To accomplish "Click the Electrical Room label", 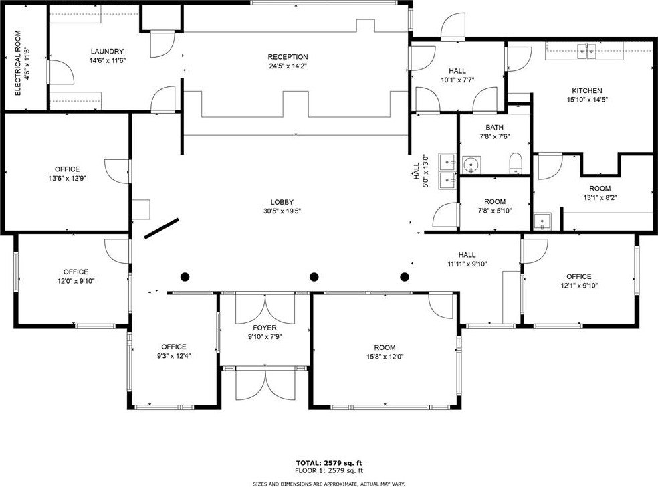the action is click(x=18, y=63).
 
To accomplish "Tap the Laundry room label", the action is click(x=107, y=52).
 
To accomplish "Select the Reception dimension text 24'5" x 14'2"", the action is click(x=288, y=66).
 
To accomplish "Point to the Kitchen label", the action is click(x=587, y=90).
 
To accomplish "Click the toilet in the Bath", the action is click(x=516, y=163).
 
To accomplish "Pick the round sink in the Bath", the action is click(x=472, y=164).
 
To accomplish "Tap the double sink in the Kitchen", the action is click(x=587, y=52).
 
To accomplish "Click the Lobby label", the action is click(x=282, y=202).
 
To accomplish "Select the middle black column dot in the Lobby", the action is click(x=314, y=277).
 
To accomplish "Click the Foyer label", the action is click(x=265, y=328).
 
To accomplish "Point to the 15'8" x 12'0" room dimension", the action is click(x=385, y=357).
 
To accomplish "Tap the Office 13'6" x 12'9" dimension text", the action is click(x=67, y=178).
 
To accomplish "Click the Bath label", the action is click(x=495, y=127).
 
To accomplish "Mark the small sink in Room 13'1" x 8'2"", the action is click(x=542, y=221).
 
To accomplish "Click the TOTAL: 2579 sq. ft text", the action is click(x=329, y=463).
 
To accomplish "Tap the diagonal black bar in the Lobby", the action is click(x=162, y=228).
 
